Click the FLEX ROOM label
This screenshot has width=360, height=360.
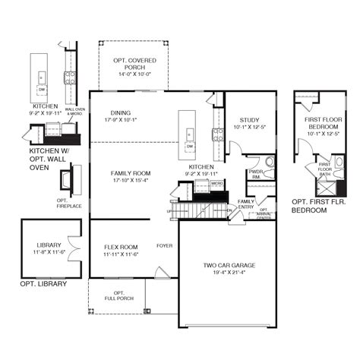[120, 247]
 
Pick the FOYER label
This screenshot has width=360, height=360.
[164, 246]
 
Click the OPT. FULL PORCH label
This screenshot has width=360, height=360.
[118, 295]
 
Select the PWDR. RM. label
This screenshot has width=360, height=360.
[255, 174]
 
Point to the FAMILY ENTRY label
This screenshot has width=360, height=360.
[246, 204]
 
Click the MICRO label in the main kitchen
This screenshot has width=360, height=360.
[216, 183]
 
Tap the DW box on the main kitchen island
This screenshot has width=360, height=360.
[190, 146]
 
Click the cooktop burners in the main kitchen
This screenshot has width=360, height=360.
[218, 133]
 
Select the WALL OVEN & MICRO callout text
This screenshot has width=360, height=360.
[75, 111]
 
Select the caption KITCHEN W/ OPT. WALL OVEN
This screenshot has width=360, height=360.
[38, 159]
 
